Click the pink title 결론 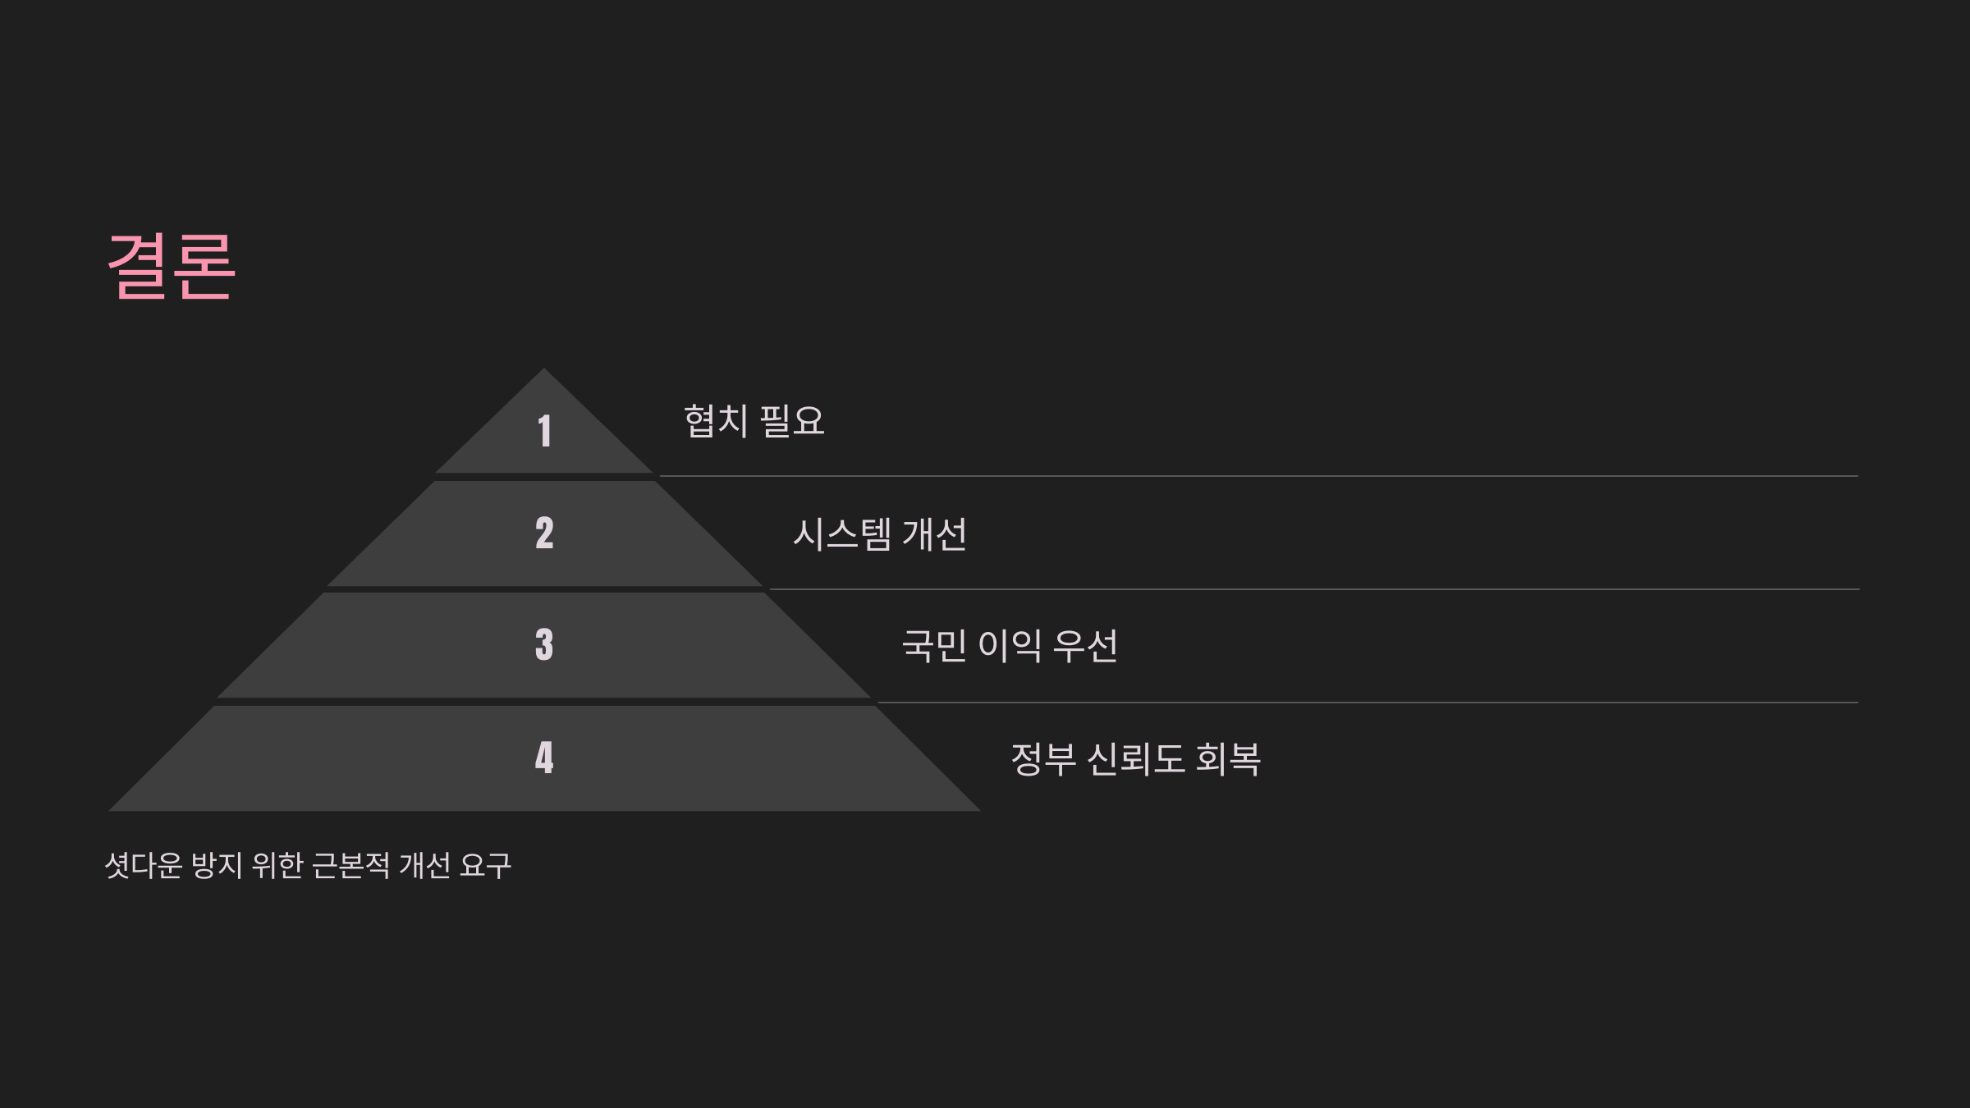[172, 266]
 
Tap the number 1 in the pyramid [544, 431]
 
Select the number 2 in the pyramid [544, 533]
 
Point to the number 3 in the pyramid [544, 645]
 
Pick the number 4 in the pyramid [544, 758]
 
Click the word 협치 [716, 421]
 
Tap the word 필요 [792, 421]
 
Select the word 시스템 [841, 534]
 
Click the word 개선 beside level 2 [934, 534]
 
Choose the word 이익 [1010, 646]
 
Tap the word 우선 [1084, 646]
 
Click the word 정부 [1042, 759]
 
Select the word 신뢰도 [1135, 759]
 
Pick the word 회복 [1227, 759]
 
